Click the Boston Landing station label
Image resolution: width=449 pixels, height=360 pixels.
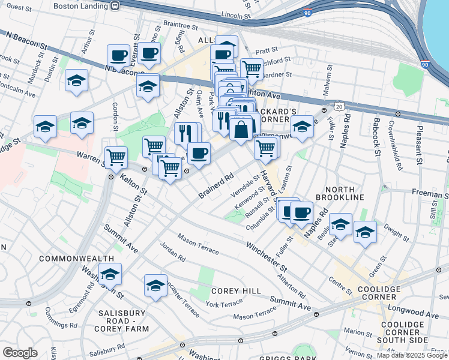point(80,5)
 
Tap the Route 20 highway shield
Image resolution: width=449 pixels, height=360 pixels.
point(339,106)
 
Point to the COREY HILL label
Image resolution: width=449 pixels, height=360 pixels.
point(236,291)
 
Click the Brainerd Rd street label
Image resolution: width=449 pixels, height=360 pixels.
point(216,185)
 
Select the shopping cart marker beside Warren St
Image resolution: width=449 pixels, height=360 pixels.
point(116,157)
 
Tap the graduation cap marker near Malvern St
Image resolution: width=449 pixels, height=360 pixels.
point(303,127)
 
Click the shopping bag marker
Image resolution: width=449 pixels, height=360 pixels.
point(241,129)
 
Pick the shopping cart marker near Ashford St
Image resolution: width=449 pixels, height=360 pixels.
point(252,69)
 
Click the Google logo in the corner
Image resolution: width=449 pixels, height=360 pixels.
point(20,353)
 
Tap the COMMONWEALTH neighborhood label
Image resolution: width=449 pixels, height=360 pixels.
point(76,258)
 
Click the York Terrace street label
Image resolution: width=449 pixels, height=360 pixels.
point(223,304)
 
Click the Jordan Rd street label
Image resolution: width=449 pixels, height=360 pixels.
point(173,251)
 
